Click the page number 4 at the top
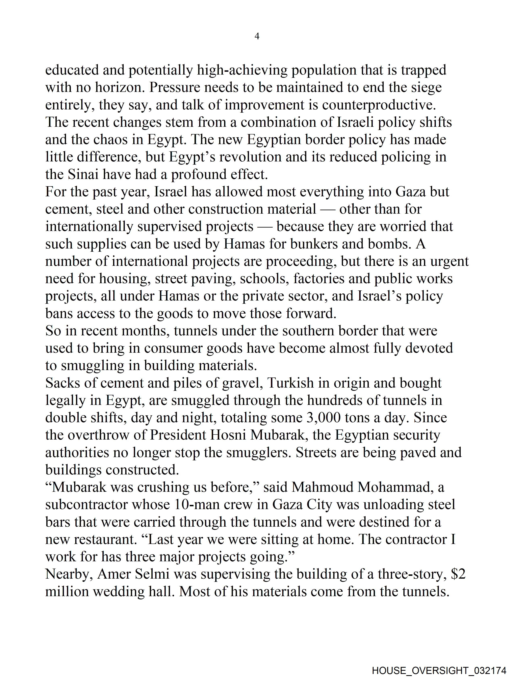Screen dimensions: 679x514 tap(257, 36)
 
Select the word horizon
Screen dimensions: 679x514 tap(120, 87)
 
